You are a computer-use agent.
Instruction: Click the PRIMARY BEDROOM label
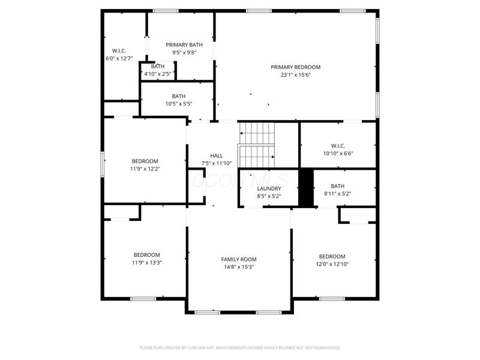(x=295, y=67)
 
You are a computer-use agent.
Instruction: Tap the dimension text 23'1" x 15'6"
(x=295, y=75)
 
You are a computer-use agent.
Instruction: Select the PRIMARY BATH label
(x=184, y=44)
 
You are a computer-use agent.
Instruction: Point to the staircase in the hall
(x=257, y=145)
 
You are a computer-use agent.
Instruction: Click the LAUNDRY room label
(x=269, y=188)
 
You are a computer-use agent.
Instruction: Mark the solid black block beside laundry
(x=306, y=188)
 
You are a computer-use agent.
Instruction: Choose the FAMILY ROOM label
(x=239, y=259)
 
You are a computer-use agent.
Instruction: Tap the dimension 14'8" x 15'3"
(x=239, y=267)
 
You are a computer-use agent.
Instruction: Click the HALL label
(x=216, y=155)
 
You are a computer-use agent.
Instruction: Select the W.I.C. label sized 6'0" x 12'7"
(x=119, y=51)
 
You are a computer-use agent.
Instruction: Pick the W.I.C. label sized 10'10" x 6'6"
(x=338, y=145)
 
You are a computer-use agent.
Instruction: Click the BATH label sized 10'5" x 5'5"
(x=179, y=96)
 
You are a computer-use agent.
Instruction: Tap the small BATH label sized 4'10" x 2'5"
(x=158, y=67)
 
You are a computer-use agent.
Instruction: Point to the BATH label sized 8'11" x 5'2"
(x=337, y=186)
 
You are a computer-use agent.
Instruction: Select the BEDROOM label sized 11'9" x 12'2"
(x=145, y=161)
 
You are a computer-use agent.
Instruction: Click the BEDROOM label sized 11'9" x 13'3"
(x=146, y=254)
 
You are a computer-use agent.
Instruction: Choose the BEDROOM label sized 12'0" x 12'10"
(x=332, y=256)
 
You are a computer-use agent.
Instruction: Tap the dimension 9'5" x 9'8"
(x=184, y=52)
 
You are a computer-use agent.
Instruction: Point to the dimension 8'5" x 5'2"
(x=269, y=196)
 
